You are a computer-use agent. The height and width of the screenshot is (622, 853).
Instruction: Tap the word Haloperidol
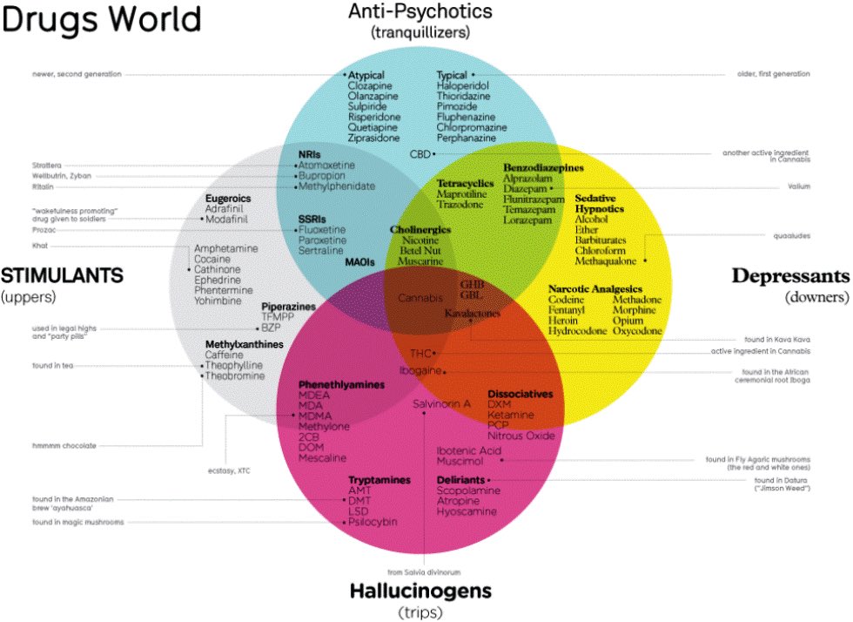point(462,87)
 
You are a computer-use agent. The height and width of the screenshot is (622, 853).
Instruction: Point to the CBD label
point(420,154)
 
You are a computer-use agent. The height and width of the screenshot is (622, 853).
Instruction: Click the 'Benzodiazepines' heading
point(543,166)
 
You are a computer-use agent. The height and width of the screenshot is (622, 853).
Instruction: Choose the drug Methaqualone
point(607,260)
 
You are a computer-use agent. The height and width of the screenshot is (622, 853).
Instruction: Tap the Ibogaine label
point(417,371)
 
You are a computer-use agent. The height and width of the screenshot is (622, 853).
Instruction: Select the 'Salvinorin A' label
point(442,404)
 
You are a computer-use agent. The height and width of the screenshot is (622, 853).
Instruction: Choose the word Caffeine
point(224,355)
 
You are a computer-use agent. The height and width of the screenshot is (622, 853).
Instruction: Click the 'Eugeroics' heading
point(228,199)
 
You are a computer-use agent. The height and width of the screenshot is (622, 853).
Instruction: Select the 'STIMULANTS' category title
point(62,276)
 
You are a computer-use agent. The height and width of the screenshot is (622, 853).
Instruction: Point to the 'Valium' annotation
point(797,186)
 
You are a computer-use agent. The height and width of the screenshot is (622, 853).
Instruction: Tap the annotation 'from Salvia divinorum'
point(423,571)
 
